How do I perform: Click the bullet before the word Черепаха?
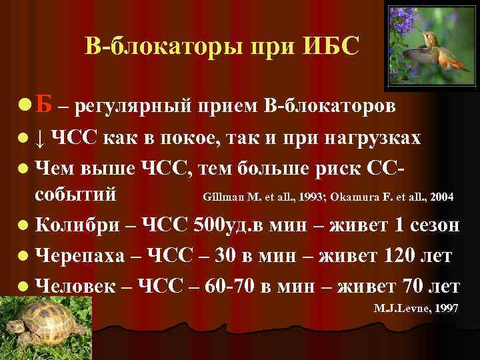pyautogui.click(x=25, y=255)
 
